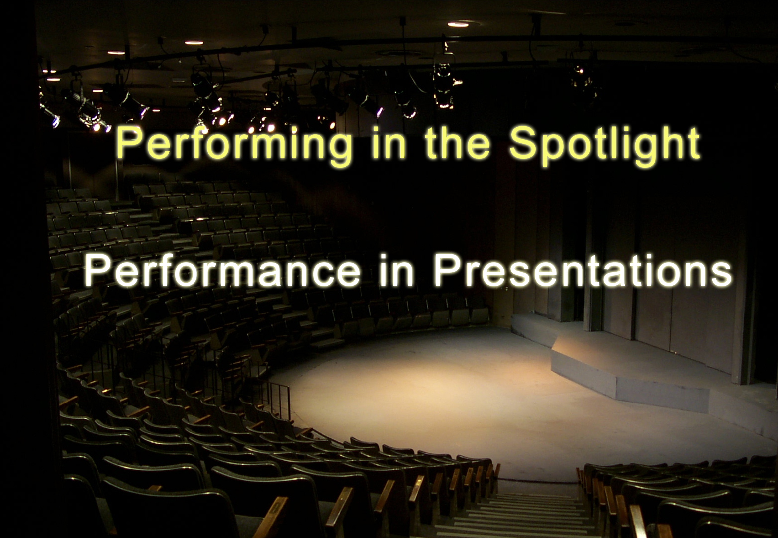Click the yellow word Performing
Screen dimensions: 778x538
point(233,145)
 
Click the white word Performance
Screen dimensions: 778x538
point(223,270)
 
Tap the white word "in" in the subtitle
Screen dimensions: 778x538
point(395,270)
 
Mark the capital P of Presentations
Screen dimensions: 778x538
point(449,270)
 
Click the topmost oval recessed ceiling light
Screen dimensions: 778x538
point(458,24)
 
